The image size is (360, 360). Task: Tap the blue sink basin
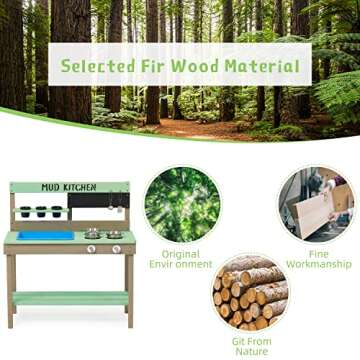[x=44, y=235]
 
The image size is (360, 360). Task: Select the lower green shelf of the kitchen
[x=70, y=298]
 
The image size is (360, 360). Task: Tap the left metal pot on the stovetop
[x=92, y=233]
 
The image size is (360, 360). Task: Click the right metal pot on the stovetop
[x=114, y=234]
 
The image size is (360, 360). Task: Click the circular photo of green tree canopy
[x=182, y=204]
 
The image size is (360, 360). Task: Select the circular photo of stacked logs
[x=251, y=292]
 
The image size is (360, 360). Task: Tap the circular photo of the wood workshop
[x=315, y=204]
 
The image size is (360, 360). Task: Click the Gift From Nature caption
[x=251, y=346]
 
